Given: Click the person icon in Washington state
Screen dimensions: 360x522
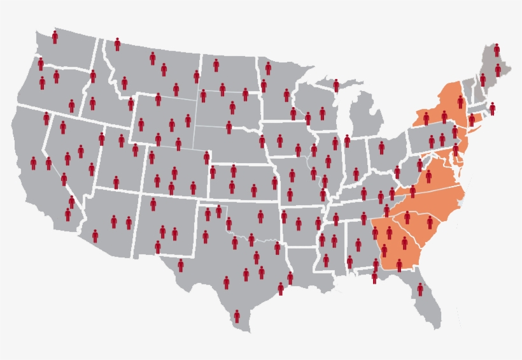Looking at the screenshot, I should [55, 37].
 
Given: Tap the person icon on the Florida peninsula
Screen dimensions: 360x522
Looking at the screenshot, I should [420, 289].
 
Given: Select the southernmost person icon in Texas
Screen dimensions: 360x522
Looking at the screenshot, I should [237, 316].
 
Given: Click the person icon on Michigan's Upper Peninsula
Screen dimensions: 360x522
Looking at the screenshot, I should [336, 85].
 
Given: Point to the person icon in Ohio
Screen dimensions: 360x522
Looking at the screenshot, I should [381, 147].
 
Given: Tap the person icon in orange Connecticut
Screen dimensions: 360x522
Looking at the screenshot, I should [472, 119].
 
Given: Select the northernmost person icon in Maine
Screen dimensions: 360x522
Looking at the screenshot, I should [497, 50].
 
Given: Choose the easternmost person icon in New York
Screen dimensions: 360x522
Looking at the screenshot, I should [460, 101].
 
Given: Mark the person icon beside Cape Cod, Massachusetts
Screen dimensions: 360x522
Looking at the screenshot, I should [492, 108].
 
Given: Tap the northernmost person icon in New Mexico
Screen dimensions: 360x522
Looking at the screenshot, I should [153, 204].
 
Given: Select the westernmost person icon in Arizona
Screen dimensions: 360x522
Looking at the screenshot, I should [95, 236].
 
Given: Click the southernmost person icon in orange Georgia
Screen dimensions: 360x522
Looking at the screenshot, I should [399, 264].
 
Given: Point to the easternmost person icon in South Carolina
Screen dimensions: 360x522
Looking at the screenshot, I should [430, 222].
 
